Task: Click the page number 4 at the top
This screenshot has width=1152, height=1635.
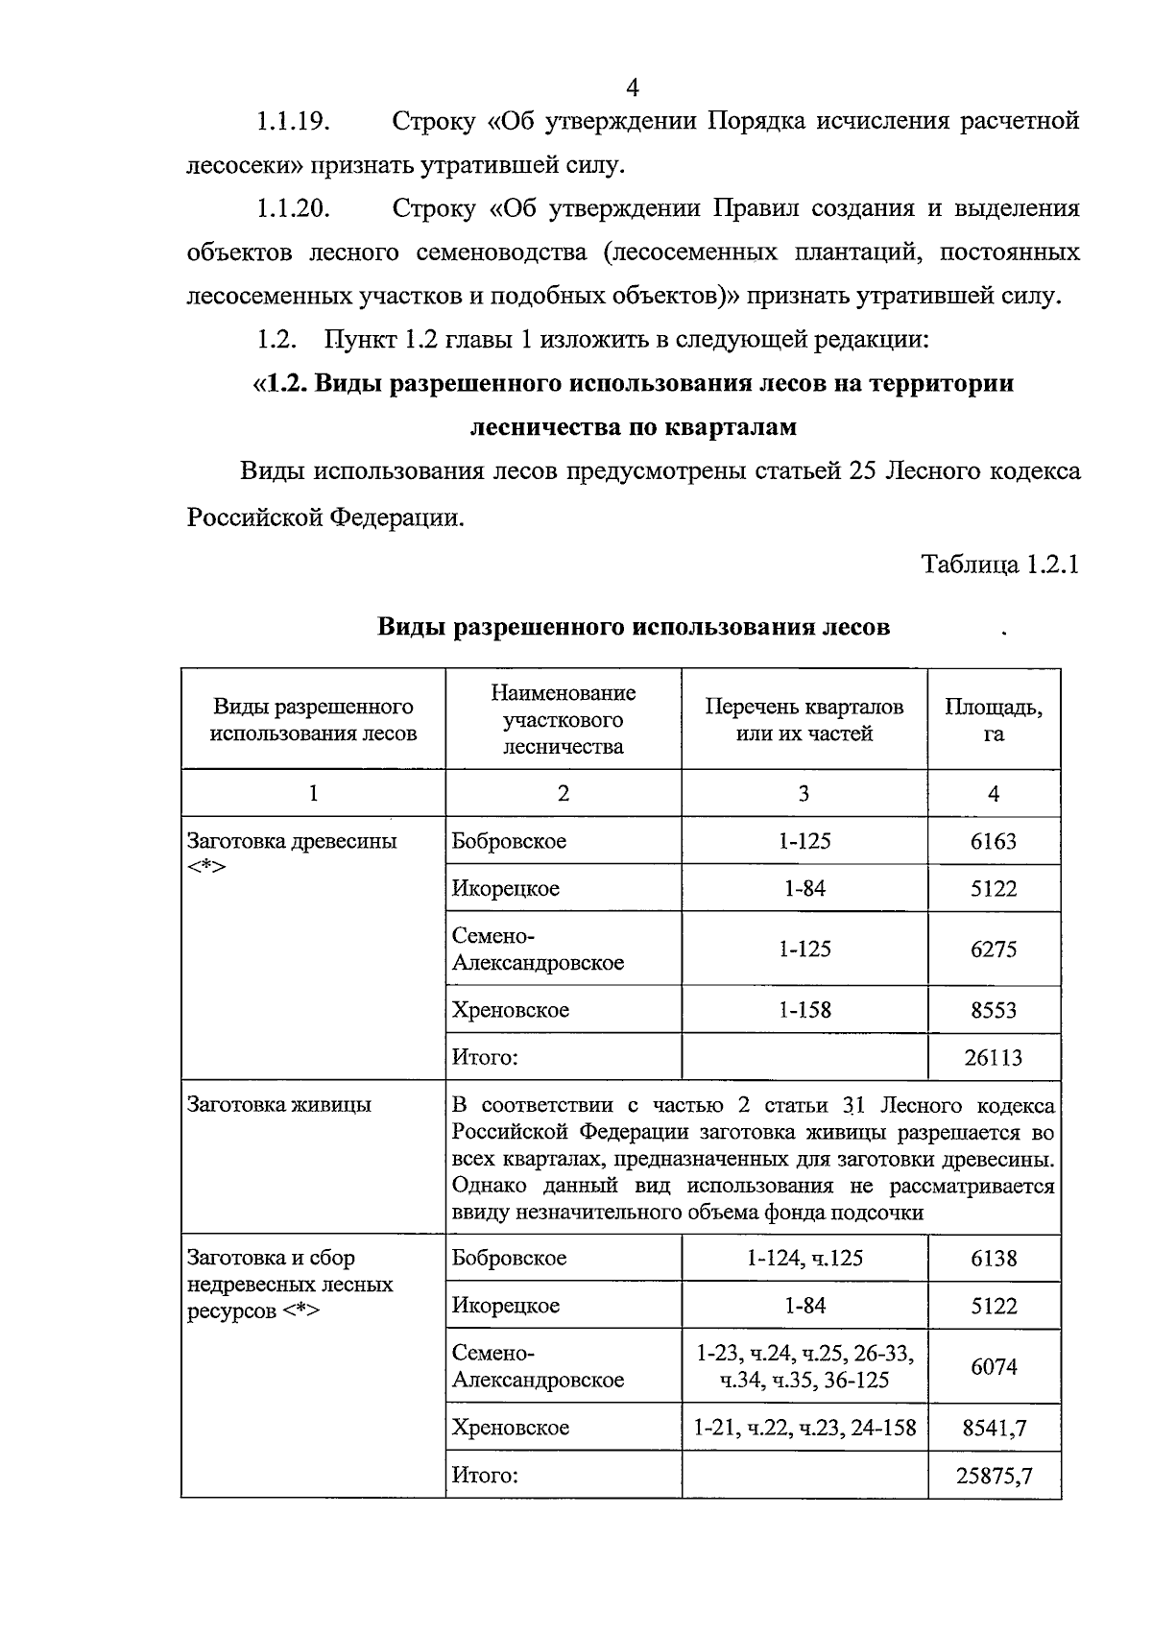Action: (x=633, y=87)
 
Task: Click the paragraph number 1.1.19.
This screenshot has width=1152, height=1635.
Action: (x=293, y=122)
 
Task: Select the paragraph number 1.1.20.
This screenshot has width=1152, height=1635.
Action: (x=293, y=209)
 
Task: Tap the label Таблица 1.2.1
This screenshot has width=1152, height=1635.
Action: (x=1000, y=565)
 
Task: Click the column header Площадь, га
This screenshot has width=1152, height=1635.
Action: (x=994, y=720)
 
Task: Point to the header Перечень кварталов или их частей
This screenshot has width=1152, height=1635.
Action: (x=804, y=720)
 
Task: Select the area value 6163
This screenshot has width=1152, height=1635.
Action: (x=994, y=842)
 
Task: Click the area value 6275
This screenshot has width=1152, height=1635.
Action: (x=994, y=950)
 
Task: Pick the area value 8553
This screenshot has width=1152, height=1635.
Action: (x=994, y=1010)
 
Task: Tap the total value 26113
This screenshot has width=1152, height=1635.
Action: (x=994, y=1058)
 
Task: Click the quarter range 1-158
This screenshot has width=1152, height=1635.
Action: (x=804, y=1010)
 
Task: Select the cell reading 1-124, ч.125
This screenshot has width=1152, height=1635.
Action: (x=804, y=1259)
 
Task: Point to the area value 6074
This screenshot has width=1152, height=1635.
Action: (x=994, y=1366)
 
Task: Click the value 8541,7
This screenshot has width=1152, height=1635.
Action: (x=994, y=1428)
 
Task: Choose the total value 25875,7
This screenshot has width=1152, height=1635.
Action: (x=994, y=1476)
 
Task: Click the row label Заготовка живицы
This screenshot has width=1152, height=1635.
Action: (x=278, y=1105)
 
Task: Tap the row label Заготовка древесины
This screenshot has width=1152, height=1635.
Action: (x=292, y=842)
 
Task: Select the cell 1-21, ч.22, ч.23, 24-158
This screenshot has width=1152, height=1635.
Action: (x=804, y=1428)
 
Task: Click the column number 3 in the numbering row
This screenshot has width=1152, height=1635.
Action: (x=804, y=794)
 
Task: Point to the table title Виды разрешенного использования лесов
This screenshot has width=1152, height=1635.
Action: (x=633, y=628)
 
